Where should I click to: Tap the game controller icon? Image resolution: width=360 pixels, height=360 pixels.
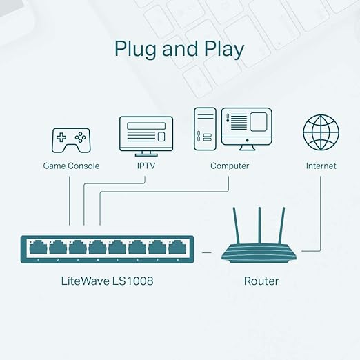click(x=71, y=139)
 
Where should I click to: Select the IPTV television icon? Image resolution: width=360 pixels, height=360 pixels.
click(x=145, y=134)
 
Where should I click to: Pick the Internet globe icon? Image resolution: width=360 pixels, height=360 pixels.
click(x=320, y=133)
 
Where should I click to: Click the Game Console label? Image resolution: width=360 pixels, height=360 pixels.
click(x=71, y=166)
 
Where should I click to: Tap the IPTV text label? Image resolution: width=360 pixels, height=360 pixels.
click(x=145, y=166)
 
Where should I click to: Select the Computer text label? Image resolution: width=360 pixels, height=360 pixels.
click(x=230, y=166)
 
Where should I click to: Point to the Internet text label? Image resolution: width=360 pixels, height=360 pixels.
click(x=321, y=166)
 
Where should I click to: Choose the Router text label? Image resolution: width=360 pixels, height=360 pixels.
click(x=261, y=281)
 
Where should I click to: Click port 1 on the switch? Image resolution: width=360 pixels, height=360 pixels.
click(x=37, y=247)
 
